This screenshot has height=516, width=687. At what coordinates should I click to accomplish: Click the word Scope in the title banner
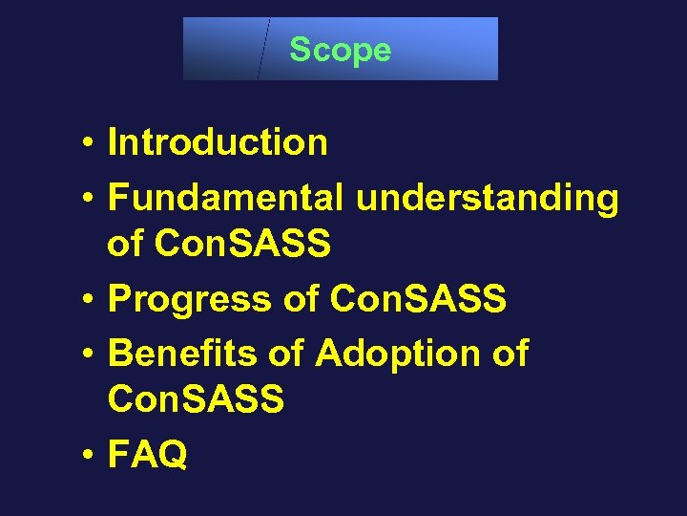[x=340, y=50]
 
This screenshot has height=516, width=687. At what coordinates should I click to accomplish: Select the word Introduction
[x=218, y=143]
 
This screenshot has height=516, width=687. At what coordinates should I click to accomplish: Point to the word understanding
[x=487, y=200]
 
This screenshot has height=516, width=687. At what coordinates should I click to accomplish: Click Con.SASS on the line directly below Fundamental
[x=242, y=246]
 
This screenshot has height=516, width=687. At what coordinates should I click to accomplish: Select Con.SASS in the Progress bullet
[x=417, y=300]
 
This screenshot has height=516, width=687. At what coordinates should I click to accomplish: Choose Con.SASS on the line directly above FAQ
[x=196, y=399]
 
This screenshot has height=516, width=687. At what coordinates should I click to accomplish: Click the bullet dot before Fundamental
[x=86, y=200]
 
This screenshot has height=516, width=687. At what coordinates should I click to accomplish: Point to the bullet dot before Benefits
[x=86, y=355]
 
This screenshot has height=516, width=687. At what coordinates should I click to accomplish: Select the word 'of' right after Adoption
[x=510, y=354]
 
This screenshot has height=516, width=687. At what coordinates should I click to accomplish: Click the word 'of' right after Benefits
[x=285, y=354]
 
